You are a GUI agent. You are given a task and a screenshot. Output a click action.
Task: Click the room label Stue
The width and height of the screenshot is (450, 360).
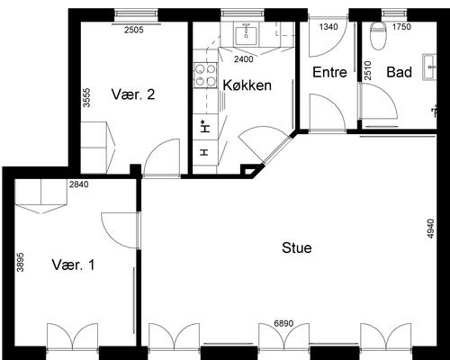click(x=297, y=247)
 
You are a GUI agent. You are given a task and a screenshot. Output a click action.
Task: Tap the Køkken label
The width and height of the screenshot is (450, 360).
click(x=247, y=85)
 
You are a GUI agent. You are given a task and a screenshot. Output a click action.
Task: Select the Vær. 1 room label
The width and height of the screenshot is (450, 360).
click(x=73, y=265)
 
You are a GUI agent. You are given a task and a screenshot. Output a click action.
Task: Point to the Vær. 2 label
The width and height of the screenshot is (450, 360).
click(x=133, y=94)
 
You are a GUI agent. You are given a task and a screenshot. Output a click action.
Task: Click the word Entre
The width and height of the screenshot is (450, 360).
click(x=329, y=72)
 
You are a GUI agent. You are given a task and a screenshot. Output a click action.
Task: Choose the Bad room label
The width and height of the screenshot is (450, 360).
click(x=399, y=72)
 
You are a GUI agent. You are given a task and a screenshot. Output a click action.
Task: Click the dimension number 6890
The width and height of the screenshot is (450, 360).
click(x=283, y=323)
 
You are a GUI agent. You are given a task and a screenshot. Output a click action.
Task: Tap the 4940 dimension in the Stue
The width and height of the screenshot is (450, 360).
click(x=431, y=229)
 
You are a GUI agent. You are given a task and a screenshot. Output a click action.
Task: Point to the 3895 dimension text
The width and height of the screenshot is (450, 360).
click(x=20, y=262)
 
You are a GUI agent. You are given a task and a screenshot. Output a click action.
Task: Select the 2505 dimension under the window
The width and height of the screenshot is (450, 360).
click(x=134, y=30)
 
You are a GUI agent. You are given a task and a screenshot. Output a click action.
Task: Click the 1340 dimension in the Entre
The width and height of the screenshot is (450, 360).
click(x=328, y=27)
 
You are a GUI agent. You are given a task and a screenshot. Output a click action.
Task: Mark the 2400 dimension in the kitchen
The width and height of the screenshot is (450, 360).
click(x=244, y=59)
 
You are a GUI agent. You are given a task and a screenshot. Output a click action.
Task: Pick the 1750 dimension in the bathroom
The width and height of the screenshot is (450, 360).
click(x=401, y=27)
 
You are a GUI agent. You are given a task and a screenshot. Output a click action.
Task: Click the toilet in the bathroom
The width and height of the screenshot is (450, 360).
click(x=378, y=35)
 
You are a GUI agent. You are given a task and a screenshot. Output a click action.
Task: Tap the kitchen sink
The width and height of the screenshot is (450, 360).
click(x=246, y=36)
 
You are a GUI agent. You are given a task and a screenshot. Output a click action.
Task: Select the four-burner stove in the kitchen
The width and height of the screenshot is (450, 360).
click(x=205, y=75)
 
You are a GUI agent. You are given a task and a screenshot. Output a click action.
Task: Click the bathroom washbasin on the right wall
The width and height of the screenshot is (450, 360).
click(x=429, y=67)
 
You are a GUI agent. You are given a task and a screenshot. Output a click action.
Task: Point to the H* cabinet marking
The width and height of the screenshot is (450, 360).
click(x=205, y=126)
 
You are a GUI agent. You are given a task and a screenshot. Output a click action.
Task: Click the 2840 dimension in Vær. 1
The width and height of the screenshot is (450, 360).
click(x=79, y=184)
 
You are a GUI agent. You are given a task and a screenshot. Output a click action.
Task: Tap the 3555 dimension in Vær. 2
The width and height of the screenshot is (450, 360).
click(x=86, y=97)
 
